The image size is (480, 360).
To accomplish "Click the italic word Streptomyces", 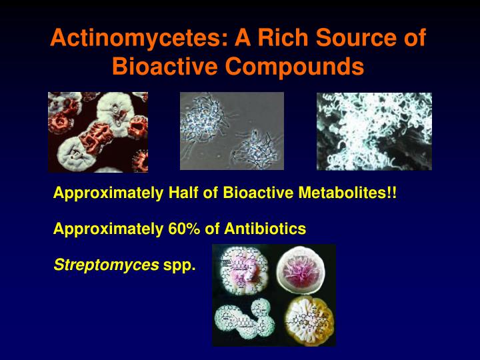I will click(x=105, y=265).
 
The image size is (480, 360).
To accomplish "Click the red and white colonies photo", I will click(x=98, y=132).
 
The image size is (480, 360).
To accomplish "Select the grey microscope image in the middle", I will click(x=231, y=131).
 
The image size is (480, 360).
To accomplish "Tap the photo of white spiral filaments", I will click(x=373, y=131).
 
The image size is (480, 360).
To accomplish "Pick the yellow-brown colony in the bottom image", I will click(x=306, y=320).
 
